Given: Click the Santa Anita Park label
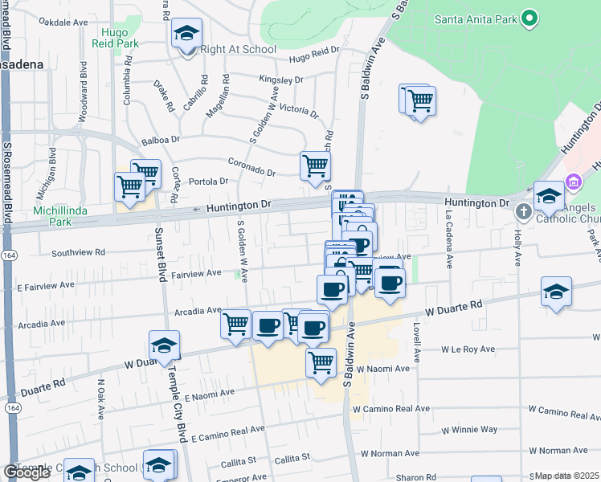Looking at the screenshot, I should point(475,18).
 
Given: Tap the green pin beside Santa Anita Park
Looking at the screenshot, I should point(529,18).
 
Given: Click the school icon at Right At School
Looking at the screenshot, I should point(187,34).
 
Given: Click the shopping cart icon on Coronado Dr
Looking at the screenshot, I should point(315,166).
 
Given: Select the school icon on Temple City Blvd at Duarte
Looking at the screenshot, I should point(165,345).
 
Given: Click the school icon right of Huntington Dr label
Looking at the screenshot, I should point(548,196).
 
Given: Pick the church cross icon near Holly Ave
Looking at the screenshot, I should point(523,212).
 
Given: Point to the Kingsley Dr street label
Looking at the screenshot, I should point(280,80).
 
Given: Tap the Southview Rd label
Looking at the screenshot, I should point(78,252).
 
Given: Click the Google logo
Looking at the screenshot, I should point(27,472).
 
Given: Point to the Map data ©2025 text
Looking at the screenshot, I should point(567,476).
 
